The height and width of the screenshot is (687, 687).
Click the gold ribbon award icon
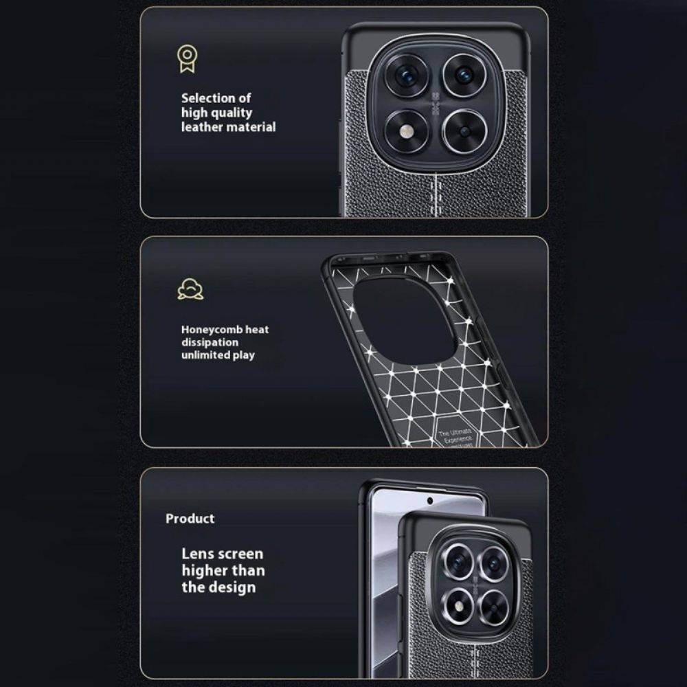click(186, 60)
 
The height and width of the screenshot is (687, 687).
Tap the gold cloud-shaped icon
click(190, 289)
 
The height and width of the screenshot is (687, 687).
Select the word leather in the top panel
click(203, 127)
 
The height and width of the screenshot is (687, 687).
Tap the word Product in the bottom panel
click(190, 519)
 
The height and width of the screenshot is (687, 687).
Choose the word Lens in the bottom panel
click(198, 554)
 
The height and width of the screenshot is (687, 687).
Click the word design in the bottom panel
click(233, 587)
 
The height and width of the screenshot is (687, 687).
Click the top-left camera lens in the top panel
click(407, 74)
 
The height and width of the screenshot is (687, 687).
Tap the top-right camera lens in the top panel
click(464, 74)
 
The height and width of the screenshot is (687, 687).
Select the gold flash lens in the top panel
click(407, 131)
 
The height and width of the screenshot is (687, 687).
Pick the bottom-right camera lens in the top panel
click(465, 131)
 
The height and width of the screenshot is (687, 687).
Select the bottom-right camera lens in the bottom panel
click(493, 605)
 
